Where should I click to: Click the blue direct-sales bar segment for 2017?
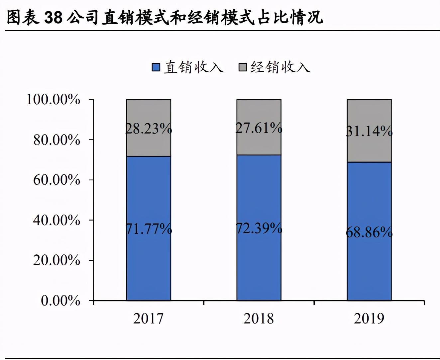click(x=149, y=259)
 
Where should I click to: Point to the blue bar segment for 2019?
click(x=369, y=266)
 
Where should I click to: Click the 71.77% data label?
click(x=149, y=229)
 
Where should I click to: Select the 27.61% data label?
click(x=259, y=128)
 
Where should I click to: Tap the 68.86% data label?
click(x=369, y=232)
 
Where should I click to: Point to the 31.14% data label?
click(x=369, y=131)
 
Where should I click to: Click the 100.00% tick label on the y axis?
click(x=53, y=99)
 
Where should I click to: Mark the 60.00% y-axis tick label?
click(x=56, y=180)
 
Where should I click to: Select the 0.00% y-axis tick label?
click(x=60, y=301)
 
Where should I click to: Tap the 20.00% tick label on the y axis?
click(x=56, y=260)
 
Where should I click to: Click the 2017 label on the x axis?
click(x=149, y=318)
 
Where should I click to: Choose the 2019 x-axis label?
click(x=369, y=318)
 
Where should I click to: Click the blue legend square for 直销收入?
click(x=156, y=67)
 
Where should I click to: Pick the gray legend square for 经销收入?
click(x=243, y=67)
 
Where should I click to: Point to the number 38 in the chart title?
click(x=53, y=17)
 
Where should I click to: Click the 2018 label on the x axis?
click(x=259, y=318)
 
